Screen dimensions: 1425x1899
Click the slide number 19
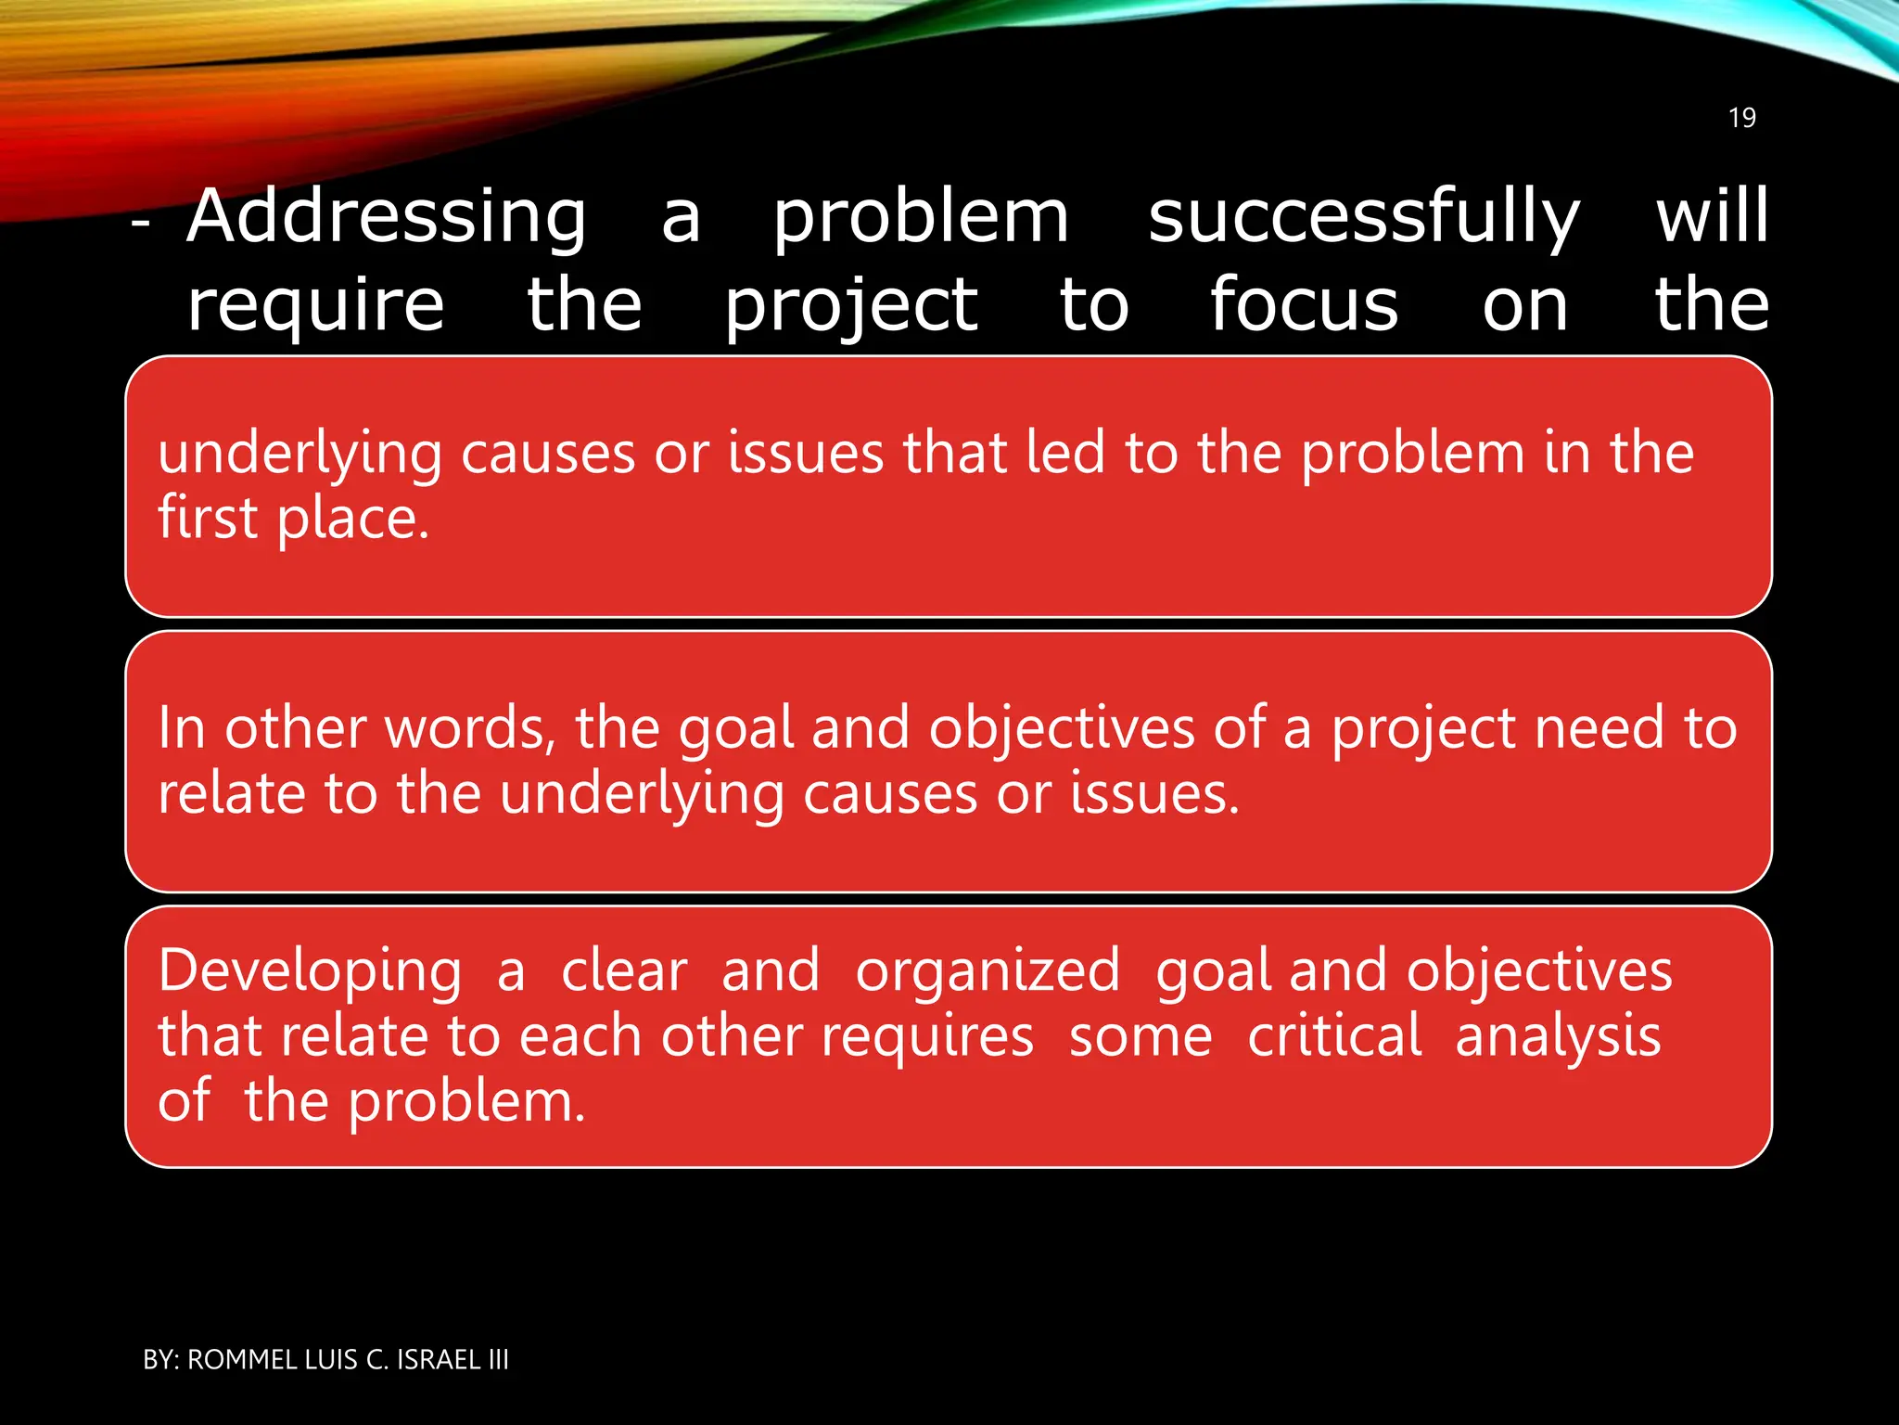1741,118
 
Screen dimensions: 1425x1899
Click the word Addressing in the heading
386,217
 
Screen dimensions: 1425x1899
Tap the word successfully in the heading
1363,217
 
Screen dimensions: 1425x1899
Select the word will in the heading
1712,215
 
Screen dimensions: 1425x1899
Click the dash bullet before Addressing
141,224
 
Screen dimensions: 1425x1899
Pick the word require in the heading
315,306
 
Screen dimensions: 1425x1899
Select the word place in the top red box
352,520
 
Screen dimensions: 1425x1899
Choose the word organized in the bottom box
988,972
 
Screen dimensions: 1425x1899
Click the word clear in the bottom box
624,971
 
